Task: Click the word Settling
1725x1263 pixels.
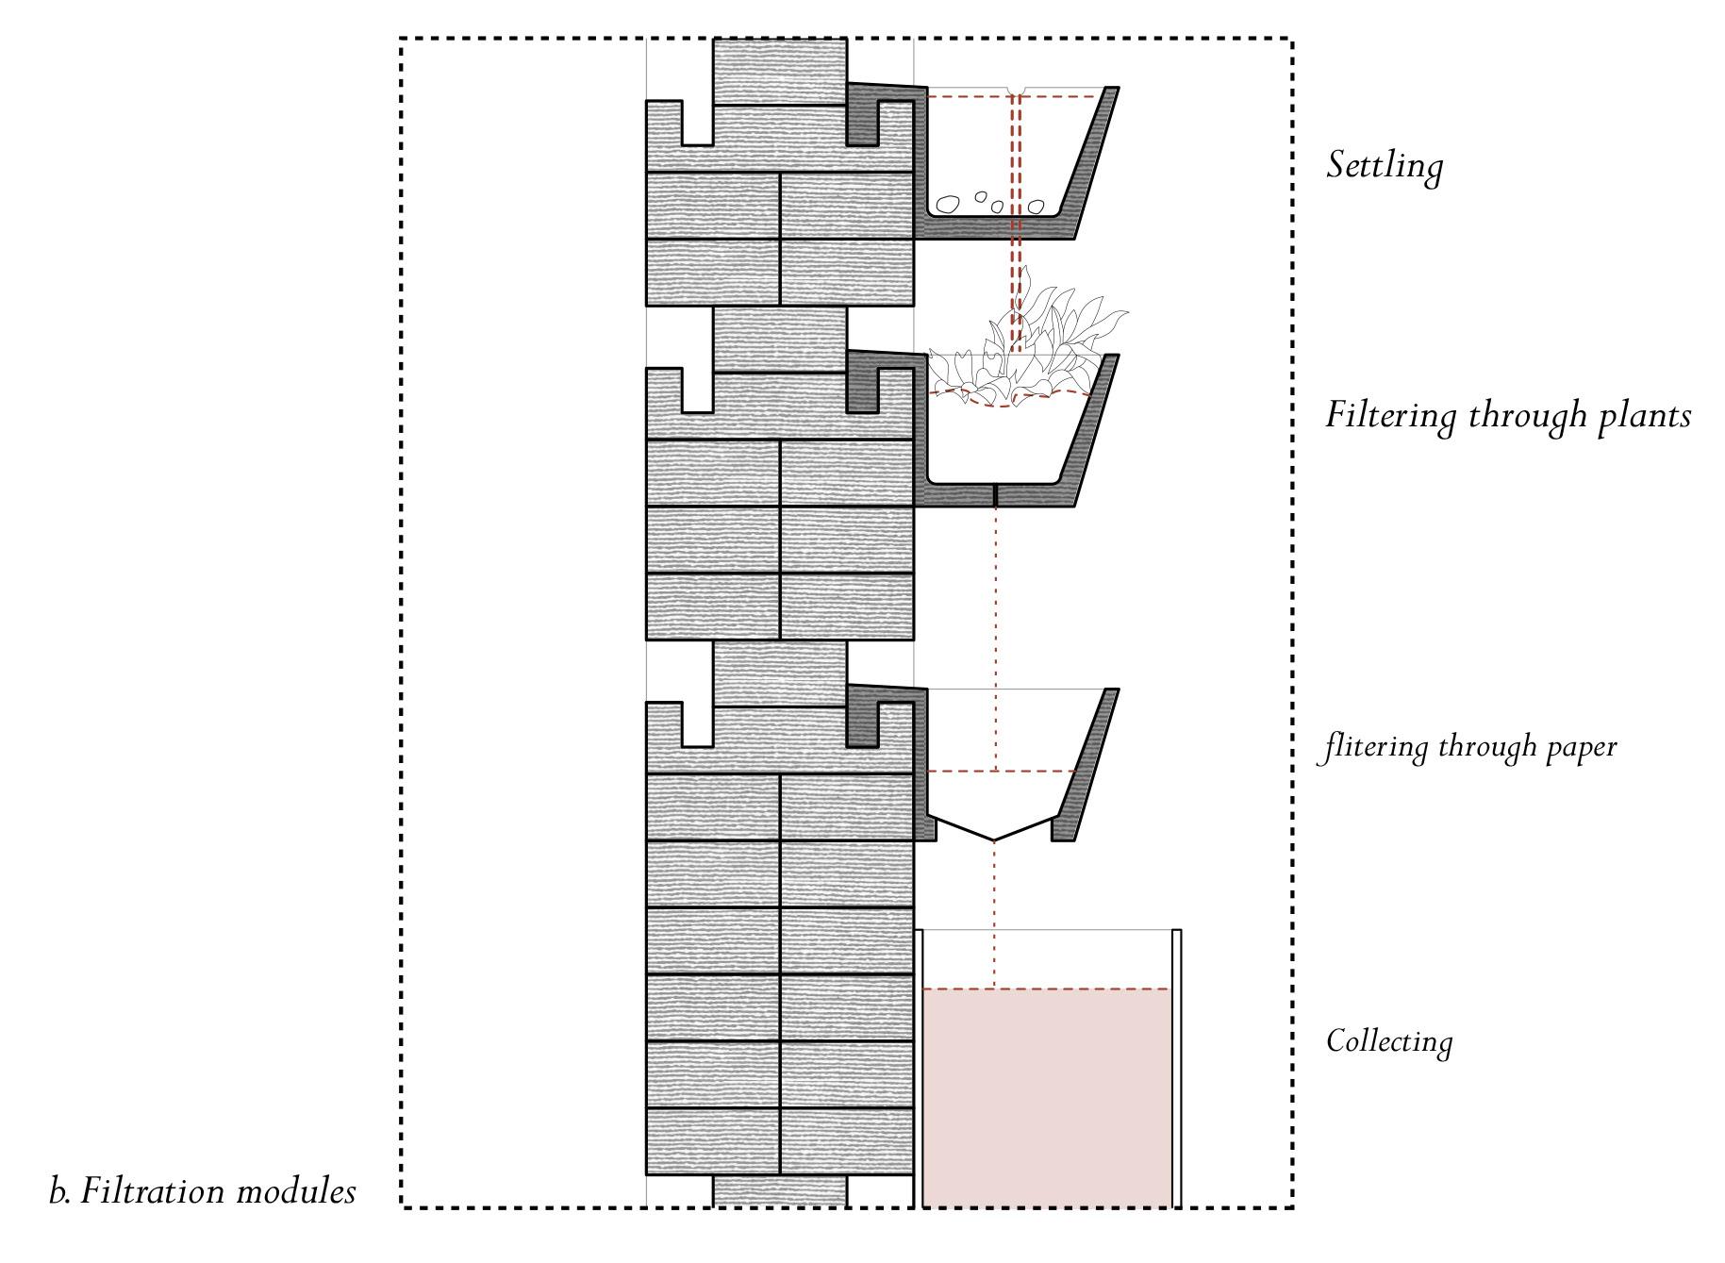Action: [1384, 166]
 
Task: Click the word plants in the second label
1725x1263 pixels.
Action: [1644, 416]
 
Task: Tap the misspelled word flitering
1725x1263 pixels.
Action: [1373, 747]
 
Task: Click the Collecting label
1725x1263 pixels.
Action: [1388, 1041]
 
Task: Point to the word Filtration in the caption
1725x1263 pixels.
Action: [152, 1191]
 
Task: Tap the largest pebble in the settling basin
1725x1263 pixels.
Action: [946, 203]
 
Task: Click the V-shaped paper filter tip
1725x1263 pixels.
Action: [993, 839]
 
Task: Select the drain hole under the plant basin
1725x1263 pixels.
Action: [996, 494]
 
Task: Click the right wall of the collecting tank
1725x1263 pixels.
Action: [1176, 1066]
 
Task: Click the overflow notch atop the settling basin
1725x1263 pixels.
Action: [1016, 91]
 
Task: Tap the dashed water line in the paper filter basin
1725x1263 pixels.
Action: [1000, 772]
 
